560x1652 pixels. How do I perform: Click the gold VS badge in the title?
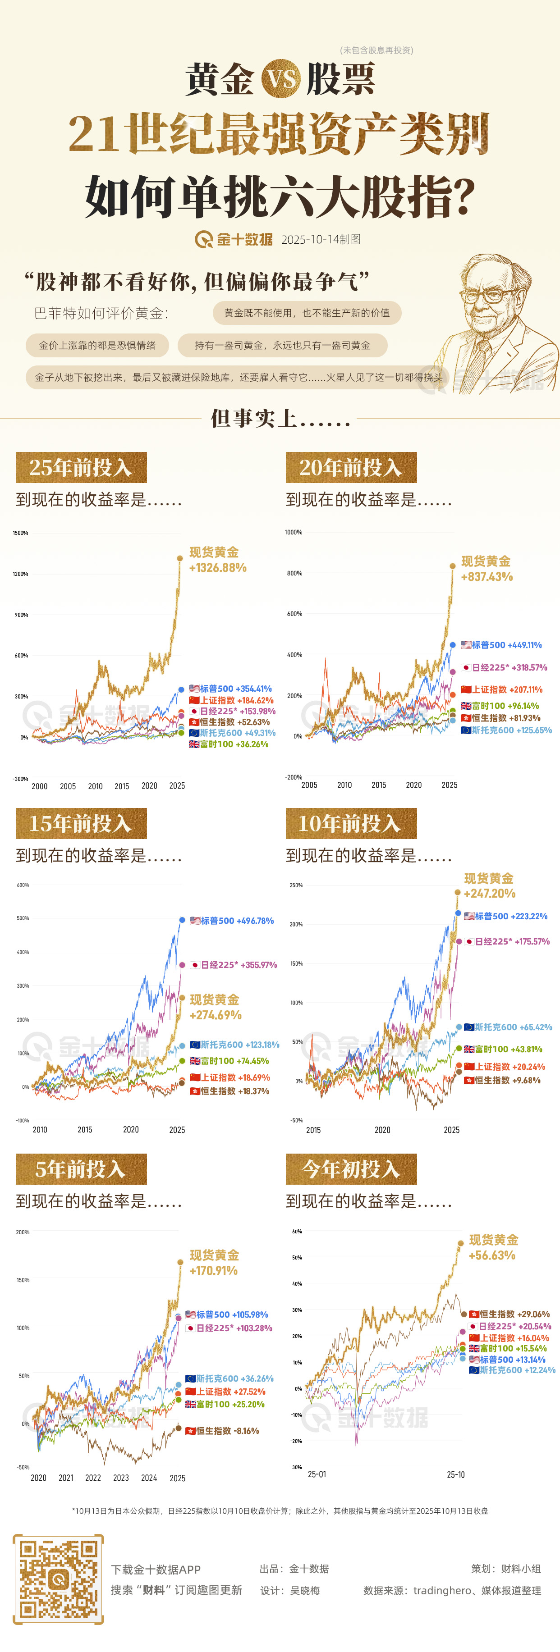pos(281,78)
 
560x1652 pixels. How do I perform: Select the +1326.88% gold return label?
pos(217,567)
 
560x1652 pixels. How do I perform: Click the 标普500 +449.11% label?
pos(502,645)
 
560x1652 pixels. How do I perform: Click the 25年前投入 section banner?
pos(81,467)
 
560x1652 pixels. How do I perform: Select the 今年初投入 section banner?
pos(351,1169)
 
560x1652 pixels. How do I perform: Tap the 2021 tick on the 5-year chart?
pos(65,1478)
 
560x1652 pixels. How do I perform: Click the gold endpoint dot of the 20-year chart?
pos(452,566)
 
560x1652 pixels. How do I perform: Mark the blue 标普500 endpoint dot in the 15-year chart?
pos(182,920)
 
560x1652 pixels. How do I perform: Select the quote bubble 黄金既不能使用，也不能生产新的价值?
pos(307,313)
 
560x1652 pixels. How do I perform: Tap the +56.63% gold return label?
pos(492,1255)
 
